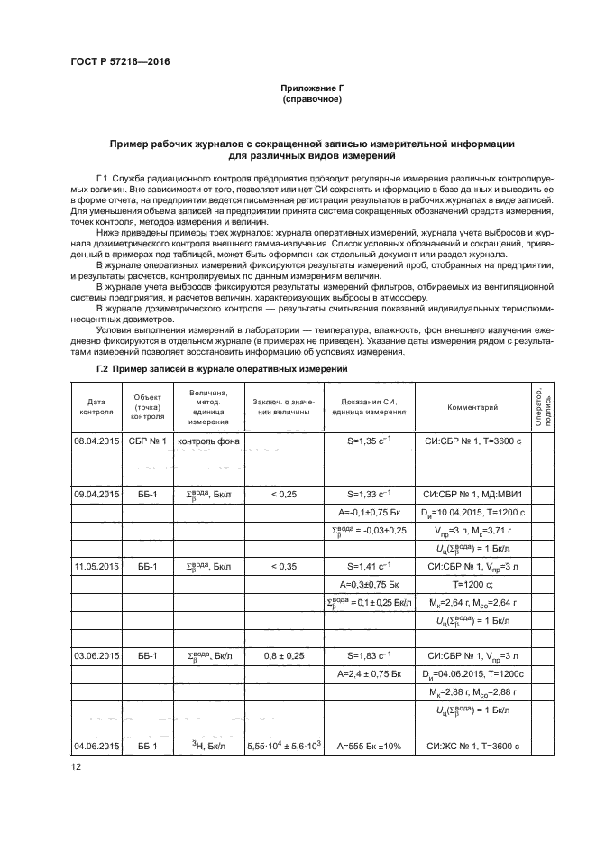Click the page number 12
pyautogui.click(x=76, y=767)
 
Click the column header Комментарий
pyautogui.click(x=472, y=407)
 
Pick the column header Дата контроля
pyautogui.click(x=96, y=407)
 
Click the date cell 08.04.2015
pyautogui.click(x=96, y=442)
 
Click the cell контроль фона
pyautogui.click(x=208, y=442)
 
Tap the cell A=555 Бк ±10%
pyautogui.click(x=370, y=746)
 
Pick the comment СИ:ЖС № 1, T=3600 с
pyautogui.click(x=472, y=746)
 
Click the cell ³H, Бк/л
pyautogui.click(x=208, y=746)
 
